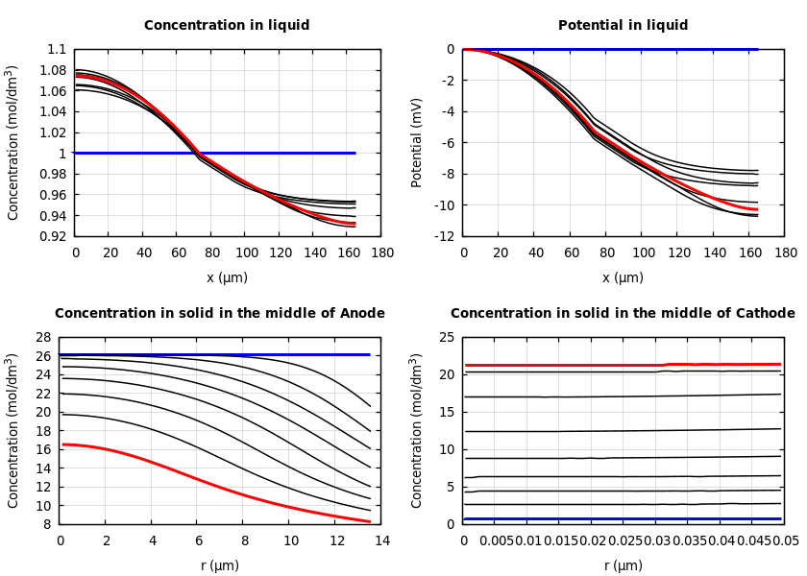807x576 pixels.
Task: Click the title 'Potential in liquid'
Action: click(623, 26)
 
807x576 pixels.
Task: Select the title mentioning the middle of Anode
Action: click(219, 314)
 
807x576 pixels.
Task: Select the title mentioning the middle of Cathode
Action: click(623, 314)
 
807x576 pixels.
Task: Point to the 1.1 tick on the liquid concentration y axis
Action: click(58, 49)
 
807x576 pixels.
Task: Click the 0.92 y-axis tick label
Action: click(54, 236)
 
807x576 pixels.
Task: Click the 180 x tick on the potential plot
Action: click(786, 252)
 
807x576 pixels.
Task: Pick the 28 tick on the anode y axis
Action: click(42, 337)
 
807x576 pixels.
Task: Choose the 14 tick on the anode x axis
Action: click(381, 541)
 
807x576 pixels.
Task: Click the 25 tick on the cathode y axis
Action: click(446, 337)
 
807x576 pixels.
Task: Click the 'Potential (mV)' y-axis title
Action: click(417, 142)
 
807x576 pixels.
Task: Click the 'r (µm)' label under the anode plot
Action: click(219, 565)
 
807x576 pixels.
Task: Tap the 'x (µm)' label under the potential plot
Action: click(623, 277)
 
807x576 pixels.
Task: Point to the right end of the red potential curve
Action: click(756, 209)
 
